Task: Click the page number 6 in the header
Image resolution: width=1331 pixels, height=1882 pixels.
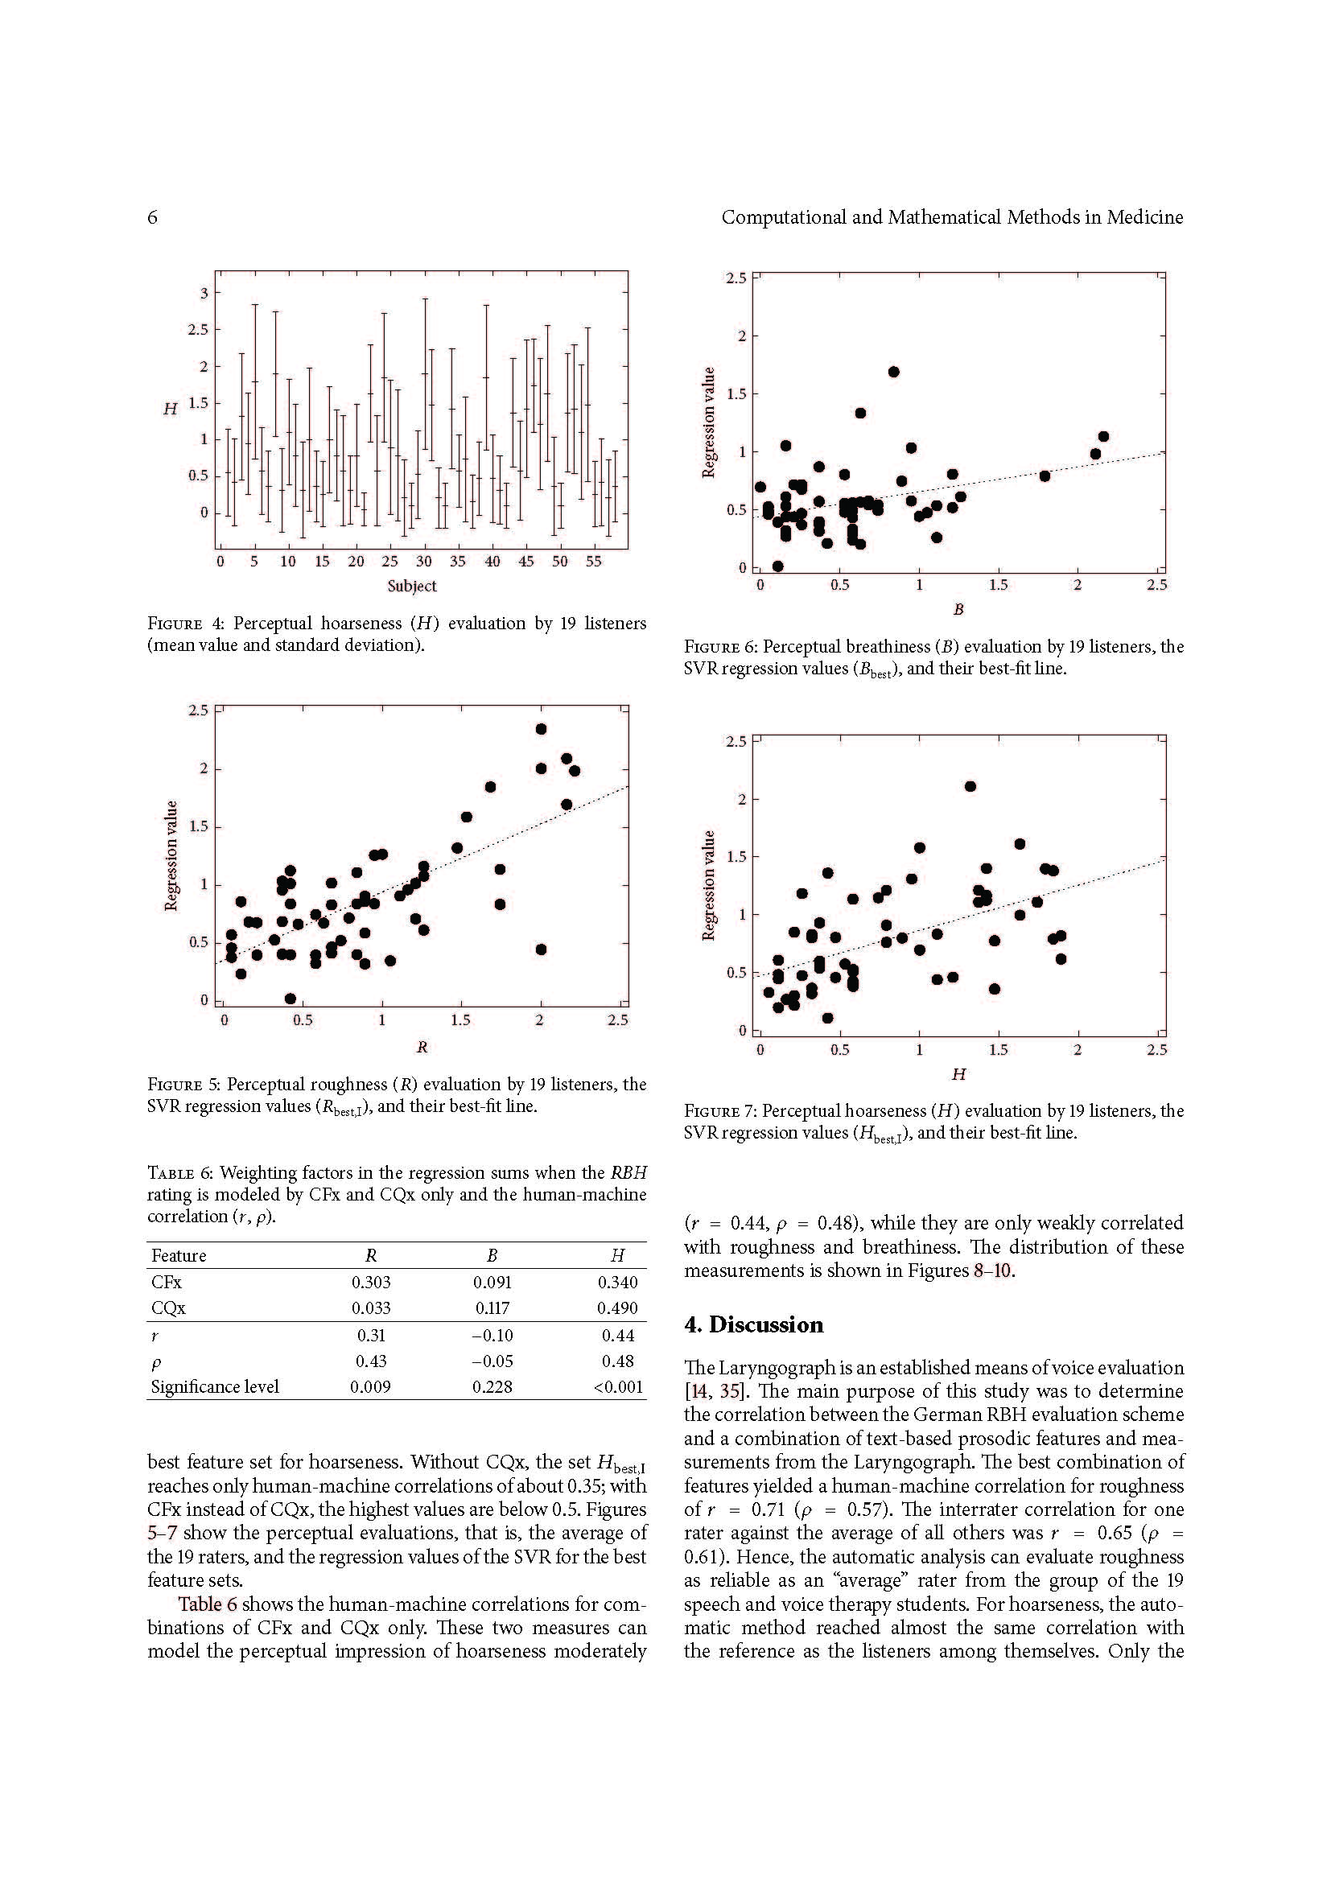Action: point(152,217)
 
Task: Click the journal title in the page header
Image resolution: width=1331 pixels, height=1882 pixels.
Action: point(951,217)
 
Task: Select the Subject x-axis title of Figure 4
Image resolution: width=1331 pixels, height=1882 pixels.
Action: point(411,586)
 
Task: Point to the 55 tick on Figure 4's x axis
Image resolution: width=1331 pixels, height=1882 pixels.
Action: point(593,562)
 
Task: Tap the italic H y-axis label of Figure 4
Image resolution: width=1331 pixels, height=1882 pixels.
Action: point(170,408)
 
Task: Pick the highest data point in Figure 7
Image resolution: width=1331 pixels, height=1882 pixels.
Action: point(970,786)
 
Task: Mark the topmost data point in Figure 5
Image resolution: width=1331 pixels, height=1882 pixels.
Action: point(541,729)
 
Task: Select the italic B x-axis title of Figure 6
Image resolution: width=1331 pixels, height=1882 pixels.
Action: point(958,609)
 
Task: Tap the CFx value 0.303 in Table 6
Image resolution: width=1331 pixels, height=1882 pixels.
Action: point(370,1283)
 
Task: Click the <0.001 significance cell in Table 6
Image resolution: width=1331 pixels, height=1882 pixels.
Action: point(620,1387)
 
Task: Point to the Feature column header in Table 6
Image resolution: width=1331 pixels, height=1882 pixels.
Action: point(179,1256)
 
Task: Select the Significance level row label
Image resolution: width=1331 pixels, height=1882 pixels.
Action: point(215,1387)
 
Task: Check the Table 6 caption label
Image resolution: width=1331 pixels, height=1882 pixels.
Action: point(179,1173)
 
